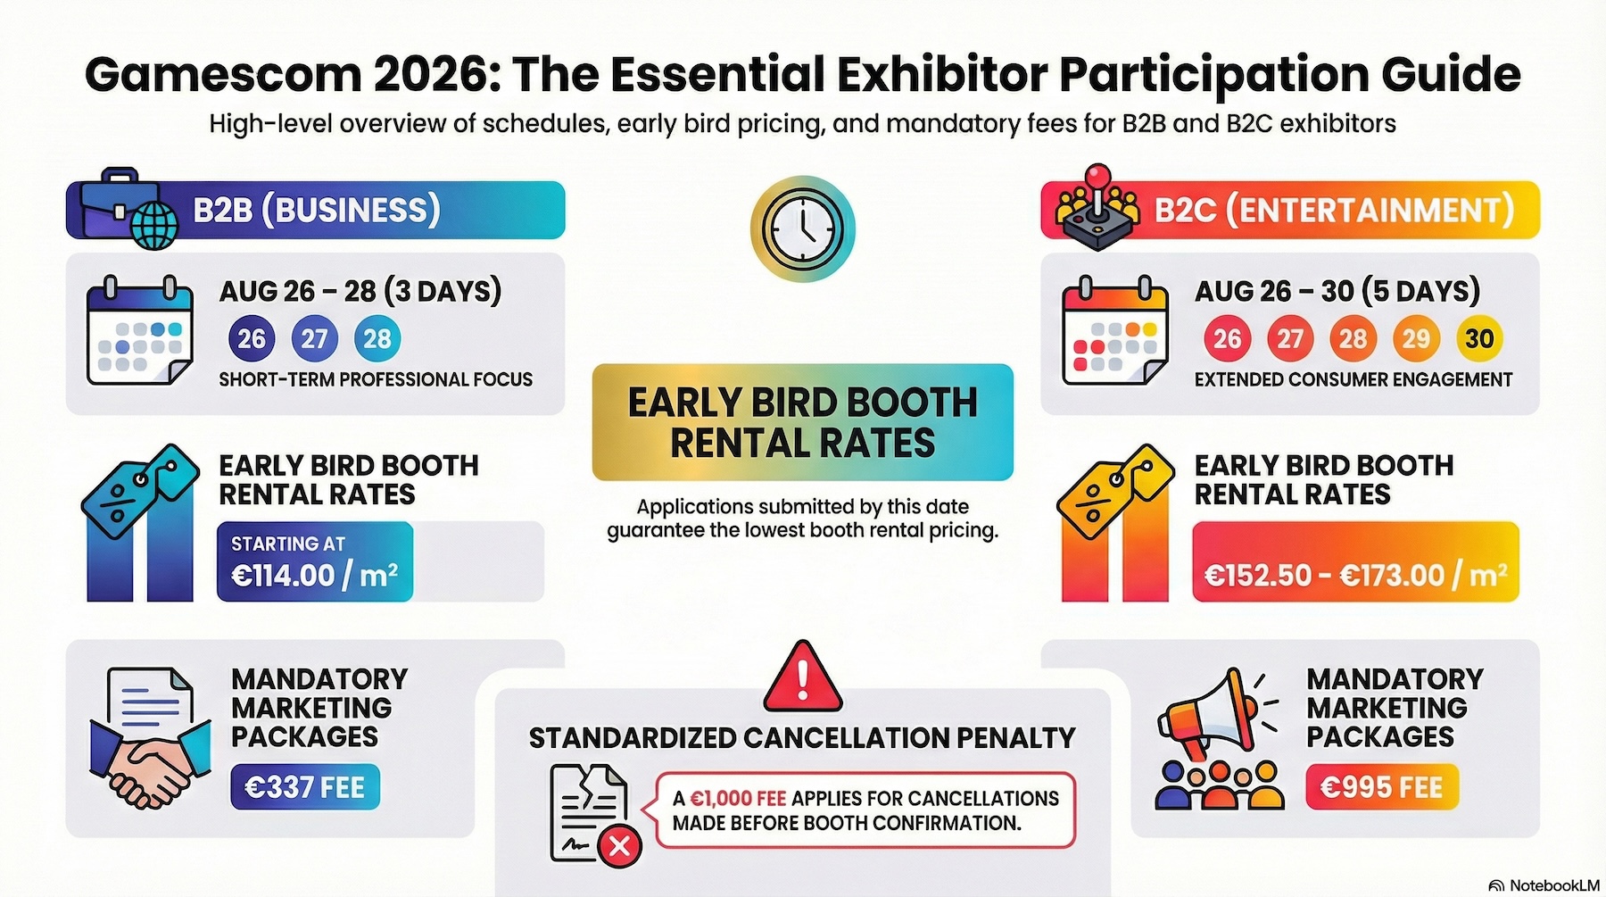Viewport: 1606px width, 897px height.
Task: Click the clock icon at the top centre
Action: [803, 228]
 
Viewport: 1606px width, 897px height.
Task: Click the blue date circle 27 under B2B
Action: [314, 339]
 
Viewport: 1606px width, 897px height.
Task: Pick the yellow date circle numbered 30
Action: [1478, 339]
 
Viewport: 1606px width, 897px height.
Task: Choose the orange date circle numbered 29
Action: [1416, 339]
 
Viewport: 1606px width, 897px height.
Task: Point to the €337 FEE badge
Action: [305, 787]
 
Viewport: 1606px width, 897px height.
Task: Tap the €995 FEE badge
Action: [1381, 787]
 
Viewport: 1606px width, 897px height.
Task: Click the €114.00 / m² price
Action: [314, 575]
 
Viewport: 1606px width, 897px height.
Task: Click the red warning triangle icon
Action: [803, 677]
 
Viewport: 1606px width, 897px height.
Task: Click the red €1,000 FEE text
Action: [738, 798]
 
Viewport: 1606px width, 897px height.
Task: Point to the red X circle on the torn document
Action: [619, 844]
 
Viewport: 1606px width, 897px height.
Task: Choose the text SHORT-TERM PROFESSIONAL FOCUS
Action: [376, 379]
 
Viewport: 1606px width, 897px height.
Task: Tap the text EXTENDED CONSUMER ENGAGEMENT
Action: [1353, 379]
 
